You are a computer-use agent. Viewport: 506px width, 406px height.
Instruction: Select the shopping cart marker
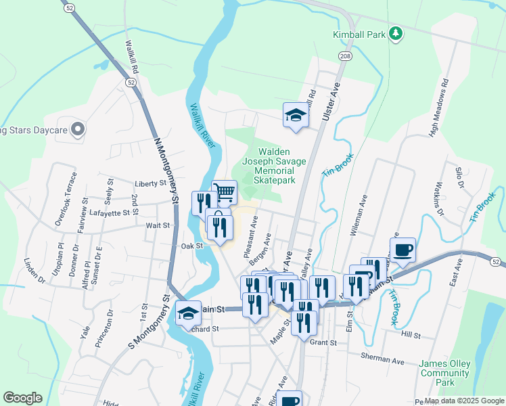[224, 191]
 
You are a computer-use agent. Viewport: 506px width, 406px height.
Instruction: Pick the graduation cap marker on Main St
[189, 313]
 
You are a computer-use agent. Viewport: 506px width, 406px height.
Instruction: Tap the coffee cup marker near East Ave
[403, 249]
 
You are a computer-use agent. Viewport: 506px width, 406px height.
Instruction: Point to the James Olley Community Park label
[444, 373]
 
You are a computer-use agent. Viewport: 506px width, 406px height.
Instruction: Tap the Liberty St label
[151, 183]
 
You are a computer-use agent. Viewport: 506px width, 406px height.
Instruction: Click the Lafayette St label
[109, 212]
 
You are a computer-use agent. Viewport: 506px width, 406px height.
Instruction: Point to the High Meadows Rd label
[440, 109]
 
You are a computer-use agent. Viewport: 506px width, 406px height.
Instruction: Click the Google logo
[22, 398]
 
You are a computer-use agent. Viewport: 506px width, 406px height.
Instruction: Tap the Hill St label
[410, 335]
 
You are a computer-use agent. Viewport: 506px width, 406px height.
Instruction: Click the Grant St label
[323, 343]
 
